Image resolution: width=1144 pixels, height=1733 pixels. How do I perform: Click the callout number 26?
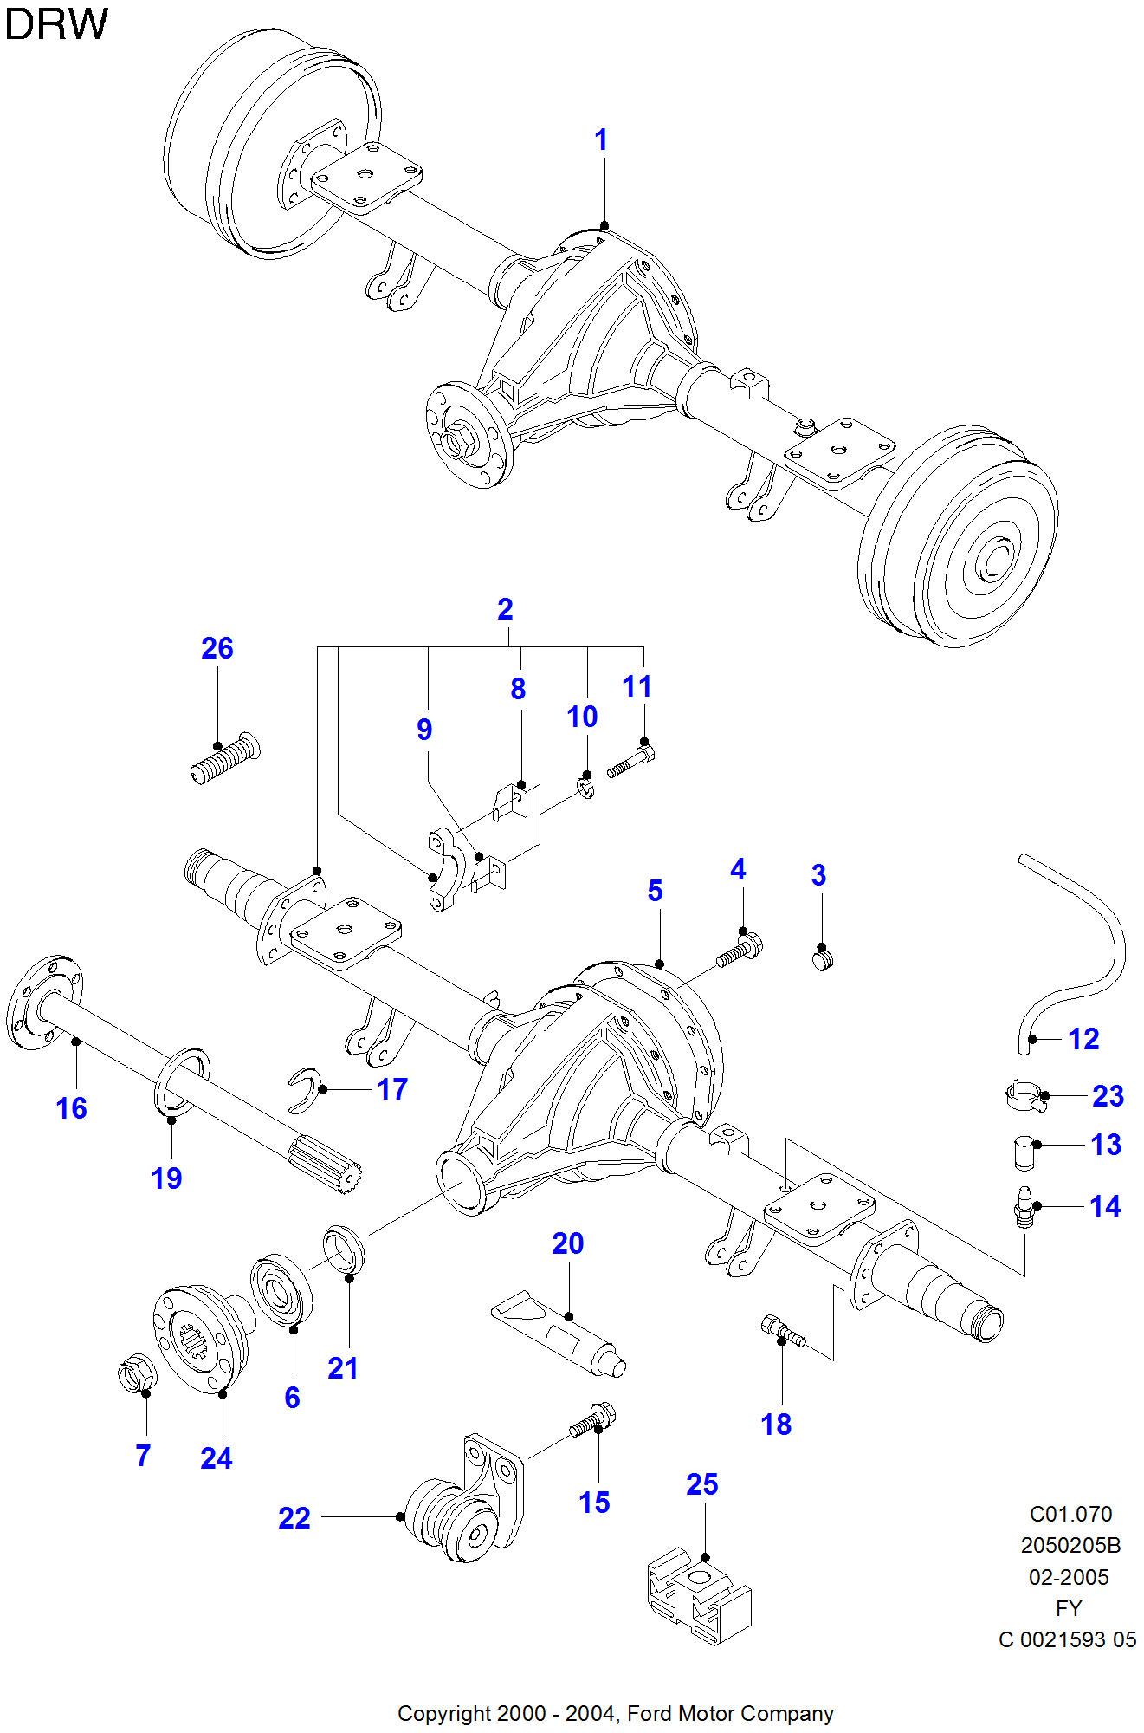(217, 648)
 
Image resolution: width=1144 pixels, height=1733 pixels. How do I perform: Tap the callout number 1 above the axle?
(601, 140)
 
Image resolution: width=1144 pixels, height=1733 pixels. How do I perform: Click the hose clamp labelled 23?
(1024, 1096)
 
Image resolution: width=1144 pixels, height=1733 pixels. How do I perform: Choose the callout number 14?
(1105, 1206)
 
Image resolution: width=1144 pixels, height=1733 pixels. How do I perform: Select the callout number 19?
(166, 1178)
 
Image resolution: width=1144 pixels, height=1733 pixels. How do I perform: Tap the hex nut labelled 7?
(137, 1372)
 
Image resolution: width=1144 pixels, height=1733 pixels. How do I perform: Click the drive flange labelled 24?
(201, 1339)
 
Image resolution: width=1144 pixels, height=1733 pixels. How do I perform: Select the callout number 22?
(294, 1518)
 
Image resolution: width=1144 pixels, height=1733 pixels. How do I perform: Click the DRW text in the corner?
(56, 23)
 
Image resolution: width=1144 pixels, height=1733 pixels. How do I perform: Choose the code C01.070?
(1070, 1514)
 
